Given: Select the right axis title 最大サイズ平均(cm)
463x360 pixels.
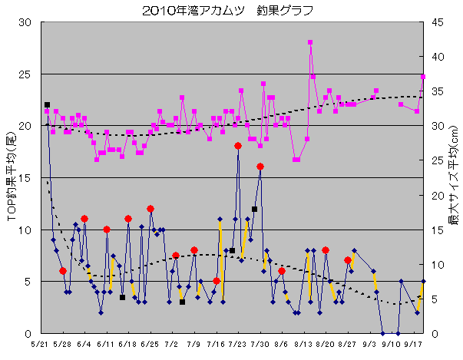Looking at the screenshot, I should (452, 177).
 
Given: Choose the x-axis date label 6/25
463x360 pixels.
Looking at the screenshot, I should (150, 345).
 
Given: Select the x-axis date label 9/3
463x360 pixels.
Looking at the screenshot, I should (369, 345).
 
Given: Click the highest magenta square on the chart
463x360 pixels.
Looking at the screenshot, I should (310, 43).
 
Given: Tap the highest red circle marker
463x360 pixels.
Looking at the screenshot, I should (238, 146).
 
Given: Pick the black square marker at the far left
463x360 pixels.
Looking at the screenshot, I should (47, 104).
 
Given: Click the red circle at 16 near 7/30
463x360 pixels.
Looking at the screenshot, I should (260, 167).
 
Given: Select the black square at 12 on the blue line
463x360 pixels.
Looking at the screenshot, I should (254, 209).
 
